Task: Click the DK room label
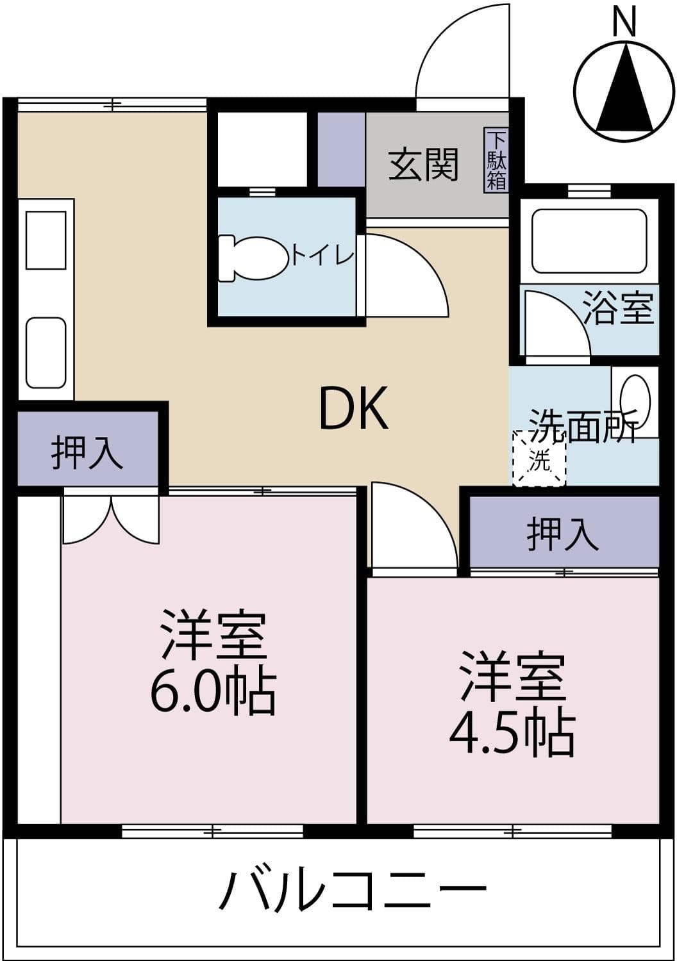353,409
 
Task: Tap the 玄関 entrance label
424,164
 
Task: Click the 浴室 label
619,308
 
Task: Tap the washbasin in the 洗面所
635,401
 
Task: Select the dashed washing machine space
539,459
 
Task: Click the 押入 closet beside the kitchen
87,451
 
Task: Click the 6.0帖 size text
213,693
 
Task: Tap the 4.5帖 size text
511,734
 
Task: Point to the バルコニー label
352,889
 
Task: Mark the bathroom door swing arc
555,324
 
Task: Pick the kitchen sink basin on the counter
46,353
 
